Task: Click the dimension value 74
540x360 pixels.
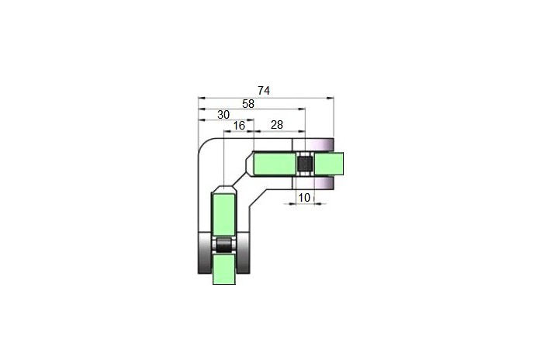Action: click(264, 91)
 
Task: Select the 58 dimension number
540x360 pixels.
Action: click(248, 104)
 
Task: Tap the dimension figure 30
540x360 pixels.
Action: click(223, 115)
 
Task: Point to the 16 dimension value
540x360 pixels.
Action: click(239, 126)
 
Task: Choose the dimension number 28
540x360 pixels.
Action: click(276, 125)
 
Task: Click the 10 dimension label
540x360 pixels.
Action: click(304, 198)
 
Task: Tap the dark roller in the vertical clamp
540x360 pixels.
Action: click(224, 246)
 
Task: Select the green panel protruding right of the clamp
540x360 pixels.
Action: click(329, 163)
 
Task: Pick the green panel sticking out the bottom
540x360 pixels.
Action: click(224, 269)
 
